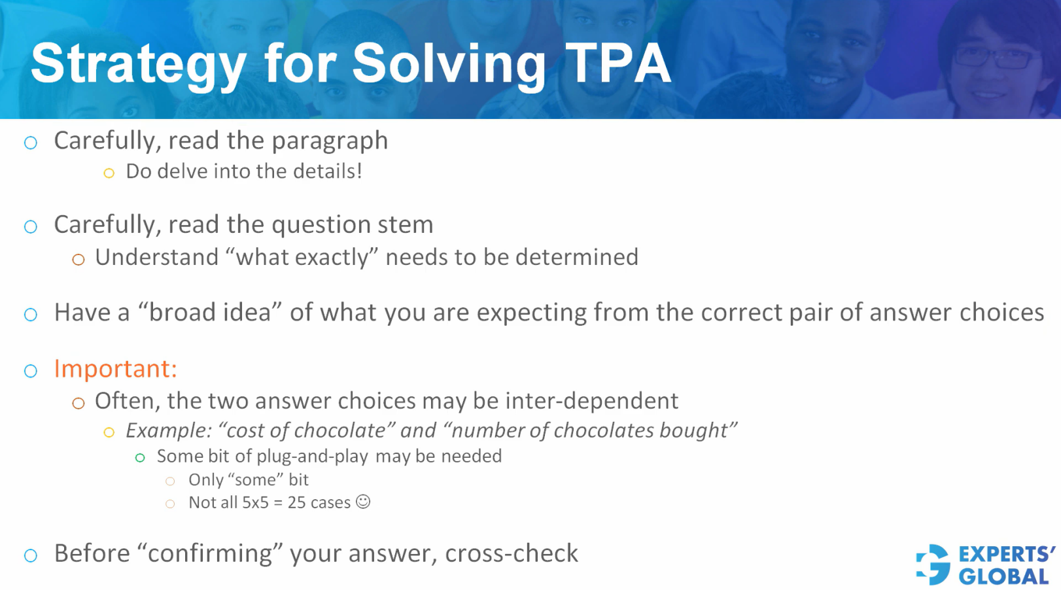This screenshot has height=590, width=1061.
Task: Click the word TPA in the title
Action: click(x=618, y=63)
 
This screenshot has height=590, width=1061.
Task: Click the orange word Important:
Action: click(x=115, y=369)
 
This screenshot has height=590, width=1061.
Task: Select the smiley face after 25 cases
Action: click(x=363, y=502)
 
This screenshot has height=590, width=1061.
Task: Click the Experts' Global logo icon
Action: click(x=933, y=564)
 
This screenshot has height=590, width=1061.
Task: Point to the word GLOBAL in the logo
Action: click(x=1003, y=577)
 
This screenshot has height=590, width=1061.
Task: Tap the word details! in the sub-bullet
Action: click(x=327, y=171)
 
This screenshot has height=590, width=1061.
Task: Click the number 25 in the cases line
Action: click(x=296, y=502)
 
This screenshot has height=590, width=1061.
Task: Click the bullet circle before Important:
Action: click(x=31, y=371)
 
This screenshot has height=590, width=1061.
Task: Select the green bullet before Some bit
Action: click(x=140, y=458)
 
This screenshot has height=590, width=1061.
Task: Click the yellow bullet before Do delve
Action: click(x=109, y=173)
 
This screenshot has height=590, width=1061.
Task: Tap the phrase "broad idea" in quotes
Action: click(x=209, y=313)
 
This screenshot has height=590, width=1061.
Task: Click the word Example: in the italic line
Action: click(x=169, y=430)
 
